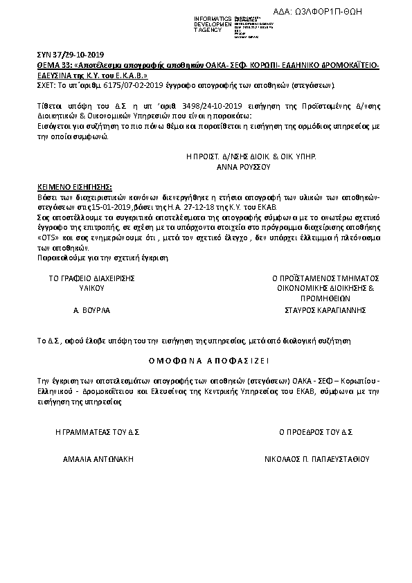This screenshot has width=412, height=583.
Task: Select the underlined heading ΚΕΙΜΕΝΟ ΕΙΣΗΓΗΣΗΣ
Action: [73, 187]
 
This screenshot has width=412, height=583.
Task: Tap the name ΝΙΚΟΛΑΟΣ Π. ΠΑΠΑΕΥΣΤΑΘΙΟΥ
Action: [317, 459]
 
